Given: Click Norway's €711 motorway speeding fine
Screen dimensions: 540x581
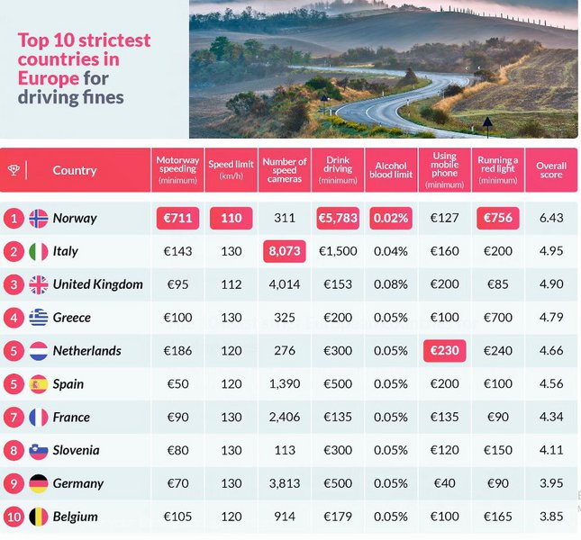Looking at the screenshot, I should tap(177, 218).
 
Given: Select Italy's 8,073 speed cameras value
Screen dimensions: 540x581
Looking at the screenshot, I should tap(285, 251).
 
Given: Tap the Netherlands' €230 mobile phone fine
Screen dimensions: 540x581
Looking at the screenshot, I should tap(444, 350).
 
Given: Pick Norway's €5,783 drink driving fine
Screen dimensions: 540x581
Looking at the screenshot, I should tap(338, 218).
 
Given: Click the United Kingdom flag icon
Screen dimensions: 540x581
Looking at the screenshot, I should tap(39, 284).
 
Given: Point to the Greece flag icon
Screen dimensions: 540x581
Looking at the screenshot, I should tap(39, 318).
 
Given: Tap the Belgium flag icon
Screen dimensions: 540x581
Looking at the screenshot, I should tap(39, 517).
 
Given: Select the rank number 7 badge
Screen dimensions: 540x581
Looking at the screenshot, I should tap(13, 418).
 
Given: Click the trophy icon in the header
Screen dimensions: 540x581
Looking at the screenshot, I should tap(13, 170).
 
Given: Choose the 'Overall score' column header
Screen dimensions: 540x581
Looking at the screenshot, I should tap(550, 170).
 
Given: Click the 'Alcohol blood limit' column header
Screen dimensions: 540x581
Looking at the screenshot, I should tap(390, 170).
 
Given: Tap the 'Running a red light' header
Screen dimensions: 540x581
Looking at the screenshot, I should tap(497, 168).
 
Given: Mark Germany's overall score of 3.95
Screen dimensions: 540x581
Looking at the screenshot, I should tap(550, 483).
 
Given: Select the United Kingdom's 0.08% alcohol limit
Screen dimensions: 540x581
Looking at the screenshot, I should tap(390, 284).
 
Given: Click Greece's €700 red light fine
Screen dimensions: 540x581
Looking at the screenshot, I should tap(497, 318).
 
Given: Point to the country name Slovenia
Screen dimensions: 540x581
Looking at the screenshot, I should tap(76, 450).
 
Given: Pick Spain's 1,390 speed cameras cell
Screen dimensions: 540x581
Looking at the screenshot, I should tap(285, 383).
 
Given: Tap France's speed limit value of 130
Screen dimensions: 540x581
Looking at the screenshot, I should tap(231, 418).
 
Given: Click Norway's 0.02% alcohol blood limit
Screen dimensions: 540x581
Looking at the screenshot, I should tap(390, 218).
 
